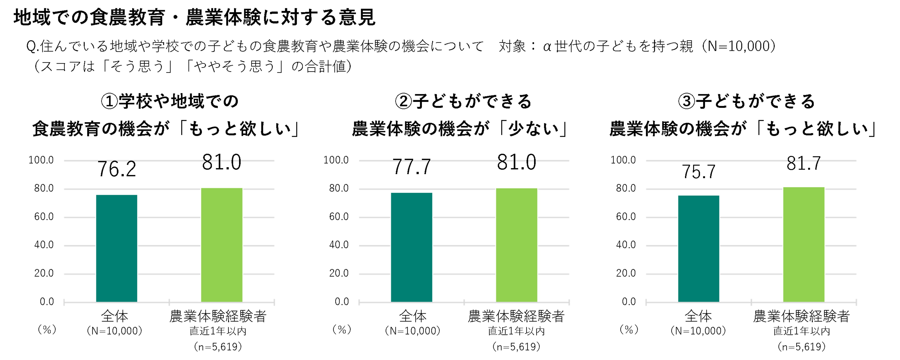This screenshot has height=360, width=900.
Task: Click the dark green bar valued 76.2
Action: pos(116,248)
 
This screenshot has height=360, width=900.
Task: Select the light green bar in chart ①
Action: pos(222,245)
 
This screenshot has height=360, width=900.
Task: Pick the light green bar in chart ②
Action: pos(516,245)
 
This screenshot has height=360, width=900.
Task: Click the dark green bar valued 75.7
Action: pos(698,248)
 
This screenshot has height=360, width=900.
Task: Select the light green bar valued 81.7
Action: pos(803,244)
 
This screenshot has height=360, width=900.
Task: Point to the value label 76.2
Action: pos(116,169)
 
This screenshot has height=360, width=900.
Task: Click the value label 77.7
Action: pos(412,167)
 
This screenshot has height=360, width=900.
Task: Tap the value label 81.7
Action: pos(803,163)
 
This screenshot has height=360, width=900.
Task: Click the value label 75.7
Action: pos(698,172)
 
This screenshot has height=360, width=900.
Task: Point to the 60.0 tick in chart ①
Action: pos(44,217)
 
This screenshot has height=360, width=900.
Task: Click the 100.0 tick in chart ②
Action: pos(336,160)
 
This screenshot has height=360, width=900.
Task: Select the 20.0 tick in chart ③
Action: pos(626,273)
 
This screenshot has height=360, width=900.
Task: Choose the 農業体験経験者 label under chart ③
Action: pos(801,316)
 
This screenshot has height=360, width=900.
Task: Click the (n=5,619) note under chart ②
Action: pos(516,347)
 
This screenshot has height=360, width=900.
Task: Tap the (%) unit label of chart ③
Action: pos(629,330)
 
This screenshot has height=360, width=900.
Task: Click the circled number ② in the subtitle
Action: pos(404,101)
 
